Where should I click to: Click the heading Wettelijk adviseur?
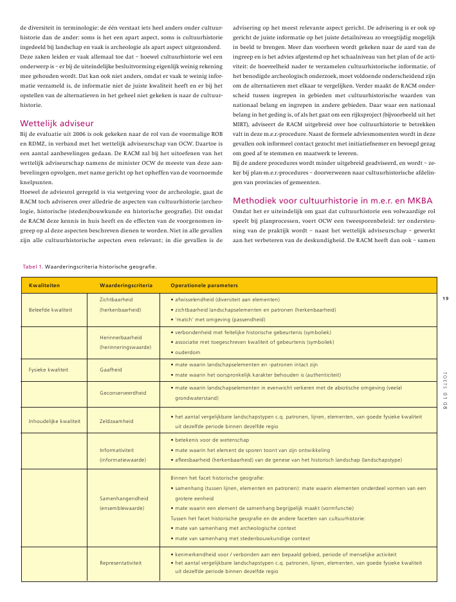pos(57,123)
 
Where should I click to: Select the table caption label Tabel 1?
pos(32,266)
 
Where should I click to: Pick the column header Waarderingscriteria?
pos(126,285)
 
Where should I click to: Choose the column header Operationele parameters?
pos(204,285)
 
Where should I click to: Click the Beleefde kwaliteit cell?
pos(50,309)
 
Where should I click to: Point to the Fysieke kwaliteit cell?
pos(49,370)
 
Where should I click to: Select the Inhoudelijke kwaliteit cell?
pos(55,421)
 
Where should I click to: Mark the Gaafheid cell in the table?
pos(111,370)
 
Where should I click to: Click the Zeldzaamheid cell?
pos(116,421)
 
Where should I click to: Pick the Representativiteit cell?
pos(121,562)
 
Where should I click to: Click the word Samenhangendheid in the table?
pos(125,498)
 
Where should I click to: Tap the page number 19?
pos(445,297)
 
